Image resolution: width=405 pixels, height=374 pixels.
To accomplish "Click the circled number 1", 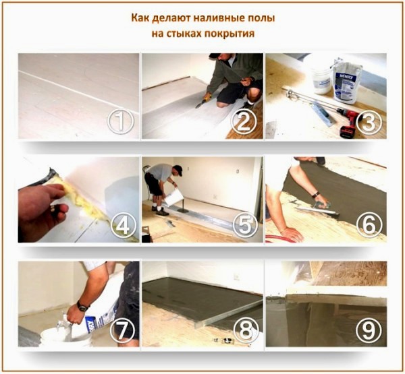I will [119, 122].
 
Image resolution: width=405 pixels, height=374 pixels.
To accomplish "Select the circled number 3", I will [369, 121].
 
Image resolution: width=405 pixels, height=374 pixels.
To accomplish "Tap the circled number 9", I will [369, 330].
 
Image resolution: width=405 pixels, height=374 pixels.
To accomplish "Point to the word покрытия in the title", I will [232, 32].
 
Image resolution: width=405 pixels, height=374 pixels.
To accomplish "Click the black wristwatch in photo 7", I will [82, 307].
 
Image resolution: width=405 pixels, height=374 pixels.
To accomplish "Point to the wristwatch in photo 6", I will [315, 194].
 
